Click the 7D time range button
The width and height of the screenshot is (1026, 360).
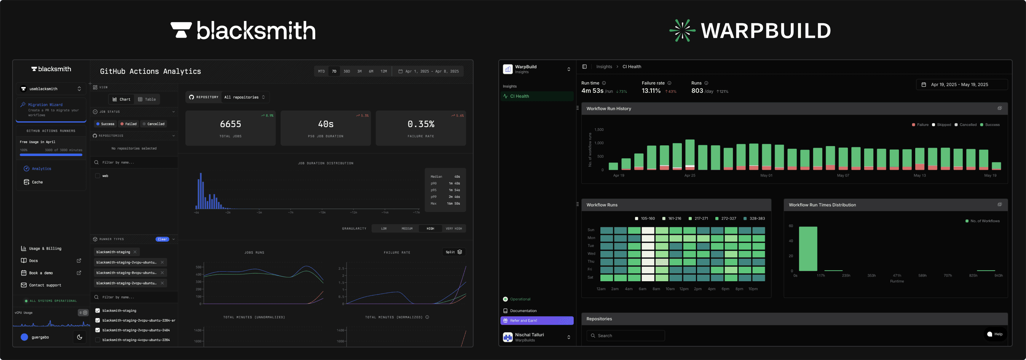point(334,71)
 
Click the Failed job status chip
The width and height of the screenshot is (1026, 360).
point(128,124)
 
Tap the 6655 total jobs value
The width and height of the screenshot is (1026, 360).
point(230,124)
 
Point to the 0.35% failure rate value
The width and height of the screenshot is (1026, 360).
point(421,124)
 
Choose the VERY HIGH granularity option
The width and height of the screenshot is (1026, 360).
point(454,229)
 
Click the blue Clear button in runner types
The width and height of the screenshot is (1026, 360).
point(162,239)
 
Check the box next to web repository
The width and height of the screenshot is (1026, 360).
point(97,175)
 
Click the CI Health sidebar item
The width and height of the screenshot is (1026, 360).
point(519,96)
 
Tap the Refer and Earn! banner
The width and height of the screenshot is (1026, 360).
point(536,320)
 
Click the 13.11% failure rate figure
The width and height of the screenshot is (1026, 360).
point(651,91)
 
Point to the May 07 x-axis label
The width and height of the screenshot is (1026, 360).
point(843,175)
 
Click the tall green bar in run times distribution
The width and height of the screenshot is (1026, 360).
point(808,248)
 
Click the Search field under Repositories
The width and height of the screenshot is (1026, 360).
point(625,336)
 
